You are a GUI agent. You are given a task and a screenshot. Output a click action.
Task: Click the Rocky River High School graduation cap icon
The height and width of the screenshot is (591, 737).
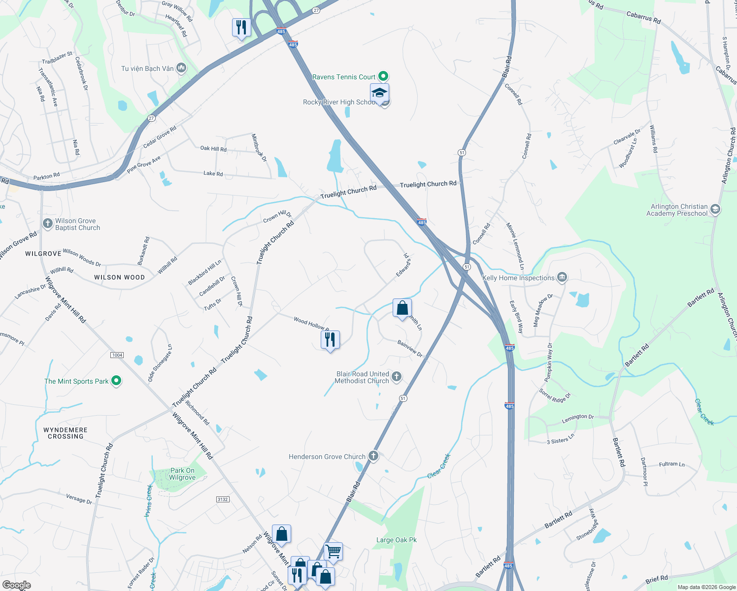[x=379, y=93]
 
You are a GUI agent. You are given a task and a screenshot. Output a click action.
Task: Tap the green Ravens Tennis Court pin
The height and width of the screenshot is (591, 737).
[x=383, y=76]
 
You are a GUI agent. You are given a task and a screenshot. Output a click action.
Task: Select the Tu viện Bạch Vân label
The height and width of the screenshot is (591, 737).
[x=147, y=68]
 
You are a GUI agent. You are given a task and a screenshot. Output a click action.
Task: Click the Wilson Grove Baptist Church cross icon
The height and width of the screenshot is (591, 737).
[x=47, y=224]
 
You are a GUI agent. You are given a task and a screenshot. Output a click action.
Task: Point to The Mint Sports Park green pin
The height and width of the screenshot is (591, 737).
[x=116, y=381]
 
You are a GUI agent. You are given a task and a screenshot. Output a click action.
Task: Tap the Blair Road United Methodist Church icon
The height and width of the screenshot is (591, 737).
[x=396, y=377]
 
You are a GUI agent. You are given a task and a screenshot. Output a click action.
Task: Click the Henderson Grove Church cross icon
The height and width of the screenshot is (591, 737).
[x=373, y=456]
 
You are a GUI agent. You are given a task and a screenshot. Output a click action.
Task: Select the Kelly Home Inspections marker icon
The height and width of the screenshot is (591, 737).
[x=562, y=278]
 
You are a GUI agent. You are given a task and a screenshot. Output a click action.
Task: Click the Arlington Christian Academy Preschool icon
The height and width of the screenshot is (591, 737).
[x=715, y=210]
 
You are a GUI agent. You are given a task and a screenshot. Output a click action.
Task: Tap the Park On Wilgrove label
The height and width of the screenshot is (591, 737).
[x=182, y=474]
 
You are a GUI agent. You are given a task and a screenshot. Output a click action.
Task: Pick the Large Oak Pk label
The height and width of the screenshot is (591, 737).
[x=396, y=540]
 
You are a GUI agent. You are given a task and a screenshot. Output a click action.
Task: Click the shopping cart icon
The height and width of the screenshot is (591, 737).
[x=333, y=552]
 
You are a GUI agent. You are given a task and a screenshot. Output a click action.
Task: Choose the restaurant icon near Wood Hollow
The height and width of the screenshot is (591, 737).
[x=330, y=340]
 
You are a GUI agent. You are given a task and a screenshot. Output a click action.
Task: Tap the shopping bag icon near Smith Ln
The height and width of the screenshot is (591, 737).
[x=402, y=308]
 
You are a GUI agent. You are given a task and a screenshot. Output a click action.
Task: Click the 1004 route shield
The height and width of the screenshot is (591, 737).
[x=117, y=355]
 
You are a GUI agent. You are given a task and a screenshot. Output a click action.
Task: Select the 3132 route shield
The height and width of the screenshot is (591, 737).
[x=223, y=499]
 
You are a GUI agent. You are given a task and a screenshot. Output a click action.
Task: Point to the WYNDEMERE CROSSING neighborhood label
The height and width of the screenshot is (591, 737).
[x=66, y=433]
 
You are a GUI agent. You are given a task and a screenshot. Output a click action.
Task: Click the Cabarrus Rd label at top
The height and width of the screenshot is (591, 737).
[x=643, y=18]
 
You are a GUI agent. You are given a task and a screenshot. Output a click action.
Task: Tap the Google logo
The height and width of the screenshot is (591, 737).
[x=16, y=585]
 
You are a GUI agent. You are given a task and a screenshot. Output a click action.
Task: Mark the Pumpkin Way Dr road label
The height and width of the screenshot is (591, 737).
[x=549, y=363]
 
